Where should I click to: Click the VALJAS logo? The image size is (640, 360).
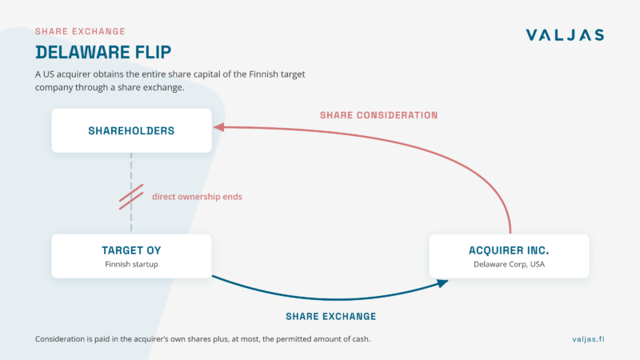565,34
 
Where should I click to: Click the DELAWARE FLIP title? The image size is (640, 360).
103,52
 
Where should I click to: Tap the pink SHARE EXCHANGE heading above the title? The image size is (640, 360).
80,31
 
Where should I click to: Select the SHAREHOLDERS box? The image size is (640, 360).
131,130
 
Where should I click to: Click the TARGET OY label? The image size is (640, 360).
131,250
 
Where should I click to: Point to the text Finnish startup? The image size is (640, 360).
131,264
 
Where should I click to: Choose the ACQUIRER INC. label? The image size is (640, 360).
509,250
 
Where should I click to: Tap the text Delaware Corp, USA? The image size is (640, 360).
509,264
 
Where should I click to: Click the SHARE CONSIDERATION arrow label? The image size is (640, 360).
378,115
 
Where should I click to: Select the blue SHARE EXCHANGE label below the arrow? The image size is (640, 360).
331,316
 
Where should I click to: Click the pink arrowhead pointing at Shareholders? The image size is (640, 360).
218,127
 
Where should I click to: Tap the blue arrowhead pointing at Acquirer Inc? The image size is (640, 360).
442,283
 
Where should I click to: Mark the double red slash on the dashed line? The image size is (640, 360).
131,197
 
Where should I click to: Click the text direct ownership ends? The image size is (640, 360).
197,197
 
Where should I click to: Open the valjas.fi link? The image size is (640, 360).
588,338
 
